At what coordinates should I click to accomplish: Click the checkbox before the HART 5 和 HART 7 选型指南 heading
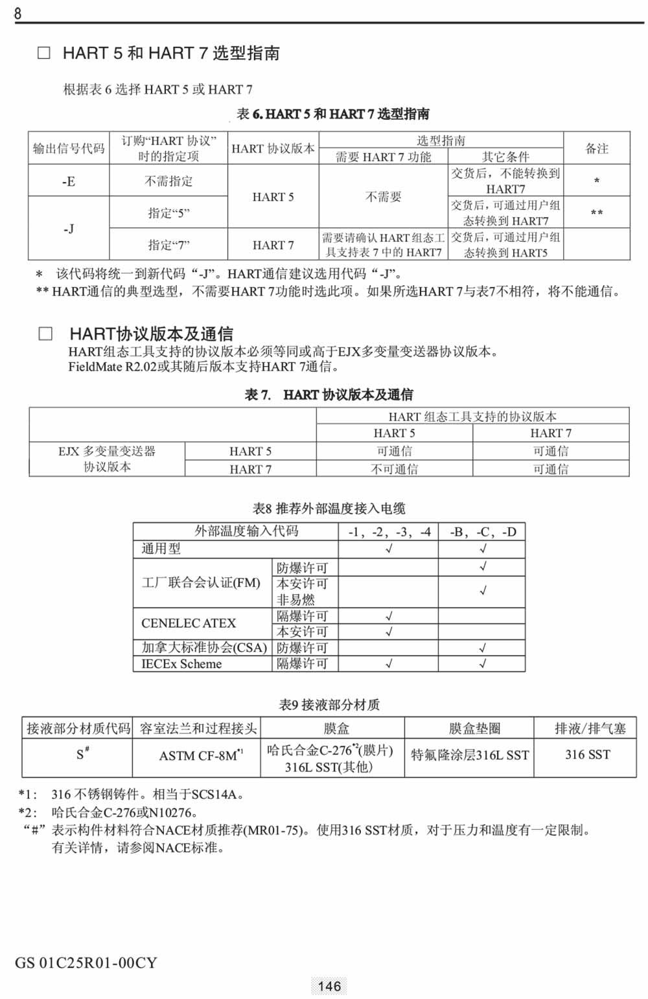tap(44, 53)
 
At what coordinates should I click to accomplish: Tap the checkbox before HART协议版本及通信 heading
tap(45, 334)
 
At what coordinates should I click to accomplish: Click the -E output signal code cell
tap(69, 181)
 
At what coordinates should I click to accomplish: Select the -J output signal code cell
tap(69, 229)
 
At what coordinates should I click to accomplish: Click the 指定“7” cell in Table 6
tap(168, 245)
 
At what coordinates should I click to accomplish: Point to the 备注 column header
tap(597, 148)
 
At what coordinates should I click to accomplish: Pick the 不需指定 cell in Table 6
tap(168, 181)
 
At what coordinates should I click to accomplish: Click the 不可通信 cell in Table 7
tap(394, 469)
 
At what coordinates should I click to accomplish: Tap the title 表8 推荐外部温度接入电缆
tap(329, 509)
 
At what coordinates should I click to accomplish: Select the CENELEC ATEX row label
tap(189, 623)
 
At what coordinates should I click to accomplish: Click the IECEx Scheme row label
tap(181, 664)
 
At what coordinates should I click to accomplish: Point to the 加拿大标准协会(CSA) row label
tap(204, 647)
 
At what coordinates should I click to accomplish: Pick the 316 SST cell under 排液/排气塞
tap(587, 754)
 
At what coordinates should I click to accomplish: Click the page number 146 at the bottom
tap(329, 986)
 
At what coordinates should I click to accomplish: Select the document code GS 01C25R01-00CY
tap(86, 963)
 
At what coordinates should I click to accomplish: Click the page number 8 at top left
tap(17, 13)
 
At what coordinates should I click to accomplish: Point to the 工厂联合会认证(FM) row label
tap(201, 583)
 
